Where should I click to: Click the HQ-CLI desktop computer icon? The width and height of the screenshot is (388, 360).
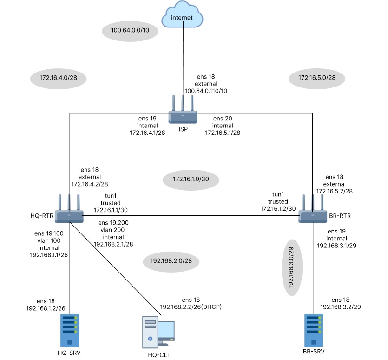click(x=158, y=331)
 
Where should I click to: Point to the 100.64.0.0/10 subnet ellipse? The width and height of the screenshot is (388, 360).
click(x=130, y=31)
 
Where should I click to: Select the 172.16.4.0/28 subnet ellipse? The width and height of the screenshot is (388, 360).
click(x=58, y=78)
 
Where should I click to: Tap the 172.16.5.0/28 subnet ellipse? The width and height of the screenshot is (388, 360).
click(x=317, y=78)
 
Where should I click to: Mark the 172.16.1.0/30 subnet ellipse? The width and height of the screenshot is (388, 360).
click(x=189, y=179)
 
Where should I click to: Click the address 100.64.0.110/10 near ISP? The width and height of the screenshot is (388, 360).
click(x=206, y=91)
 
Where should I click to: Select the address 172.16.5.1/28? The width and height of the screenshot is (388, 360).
click(x=223, y=133)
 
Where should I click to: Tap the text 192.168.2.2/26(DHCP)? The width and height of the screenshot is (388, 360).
click(x=191, y=307)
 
